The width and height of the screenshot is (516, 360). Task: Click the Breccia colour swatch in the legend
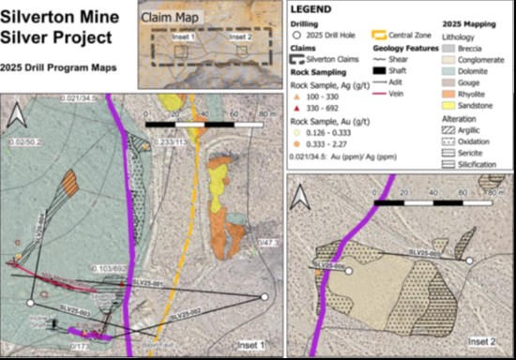click(x=448, y=44)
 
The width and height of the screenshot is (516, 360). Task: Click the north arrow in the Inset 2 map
click(x=302, y=199)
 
